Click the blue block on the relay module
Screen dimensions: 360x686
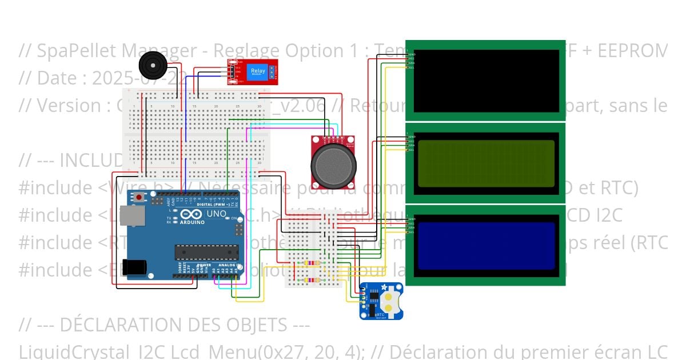coord(258,72)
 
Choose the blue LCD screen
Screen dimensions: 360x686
coord(486,245)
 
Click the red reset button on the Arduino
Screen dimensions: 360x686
coord(139,198)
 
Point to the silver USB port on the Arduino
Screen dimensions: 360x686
coord(136,216)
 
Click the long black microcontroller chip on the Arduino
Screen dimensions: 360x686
coord(206,252)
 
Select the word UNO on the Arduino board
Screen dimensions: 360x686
coord(216,214)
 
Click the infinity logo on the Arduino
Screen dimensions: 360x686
coord(188,215)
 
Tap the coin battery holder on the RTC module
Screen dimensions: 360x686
coord(389,301)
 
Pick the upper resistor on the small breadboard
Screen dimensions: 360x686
coord(311,263)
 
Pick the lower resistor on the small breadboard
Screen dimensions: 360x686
coord(311,279)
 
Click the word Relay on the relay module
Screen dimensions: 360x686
coord(258,70)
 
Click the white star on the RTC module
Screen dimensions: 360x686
coord(384,287)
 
